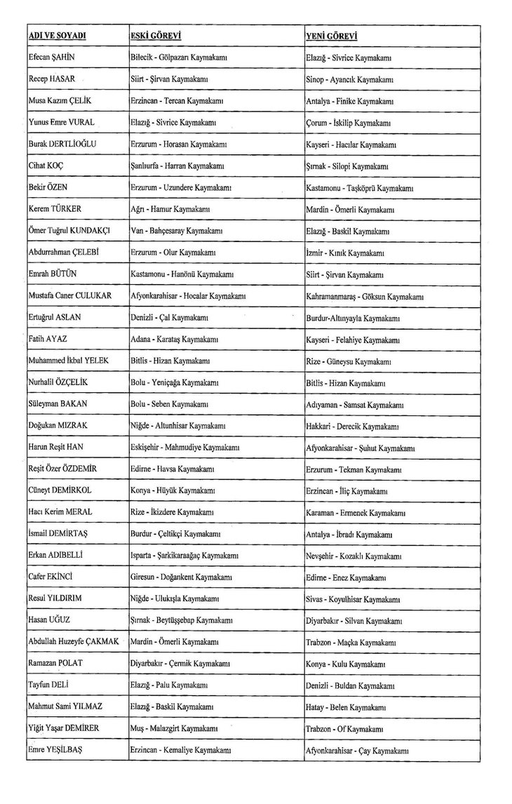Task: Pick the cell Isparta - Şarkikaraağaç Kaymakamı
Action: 187,556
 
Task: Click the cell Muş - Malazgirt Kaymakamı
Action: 178,729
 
